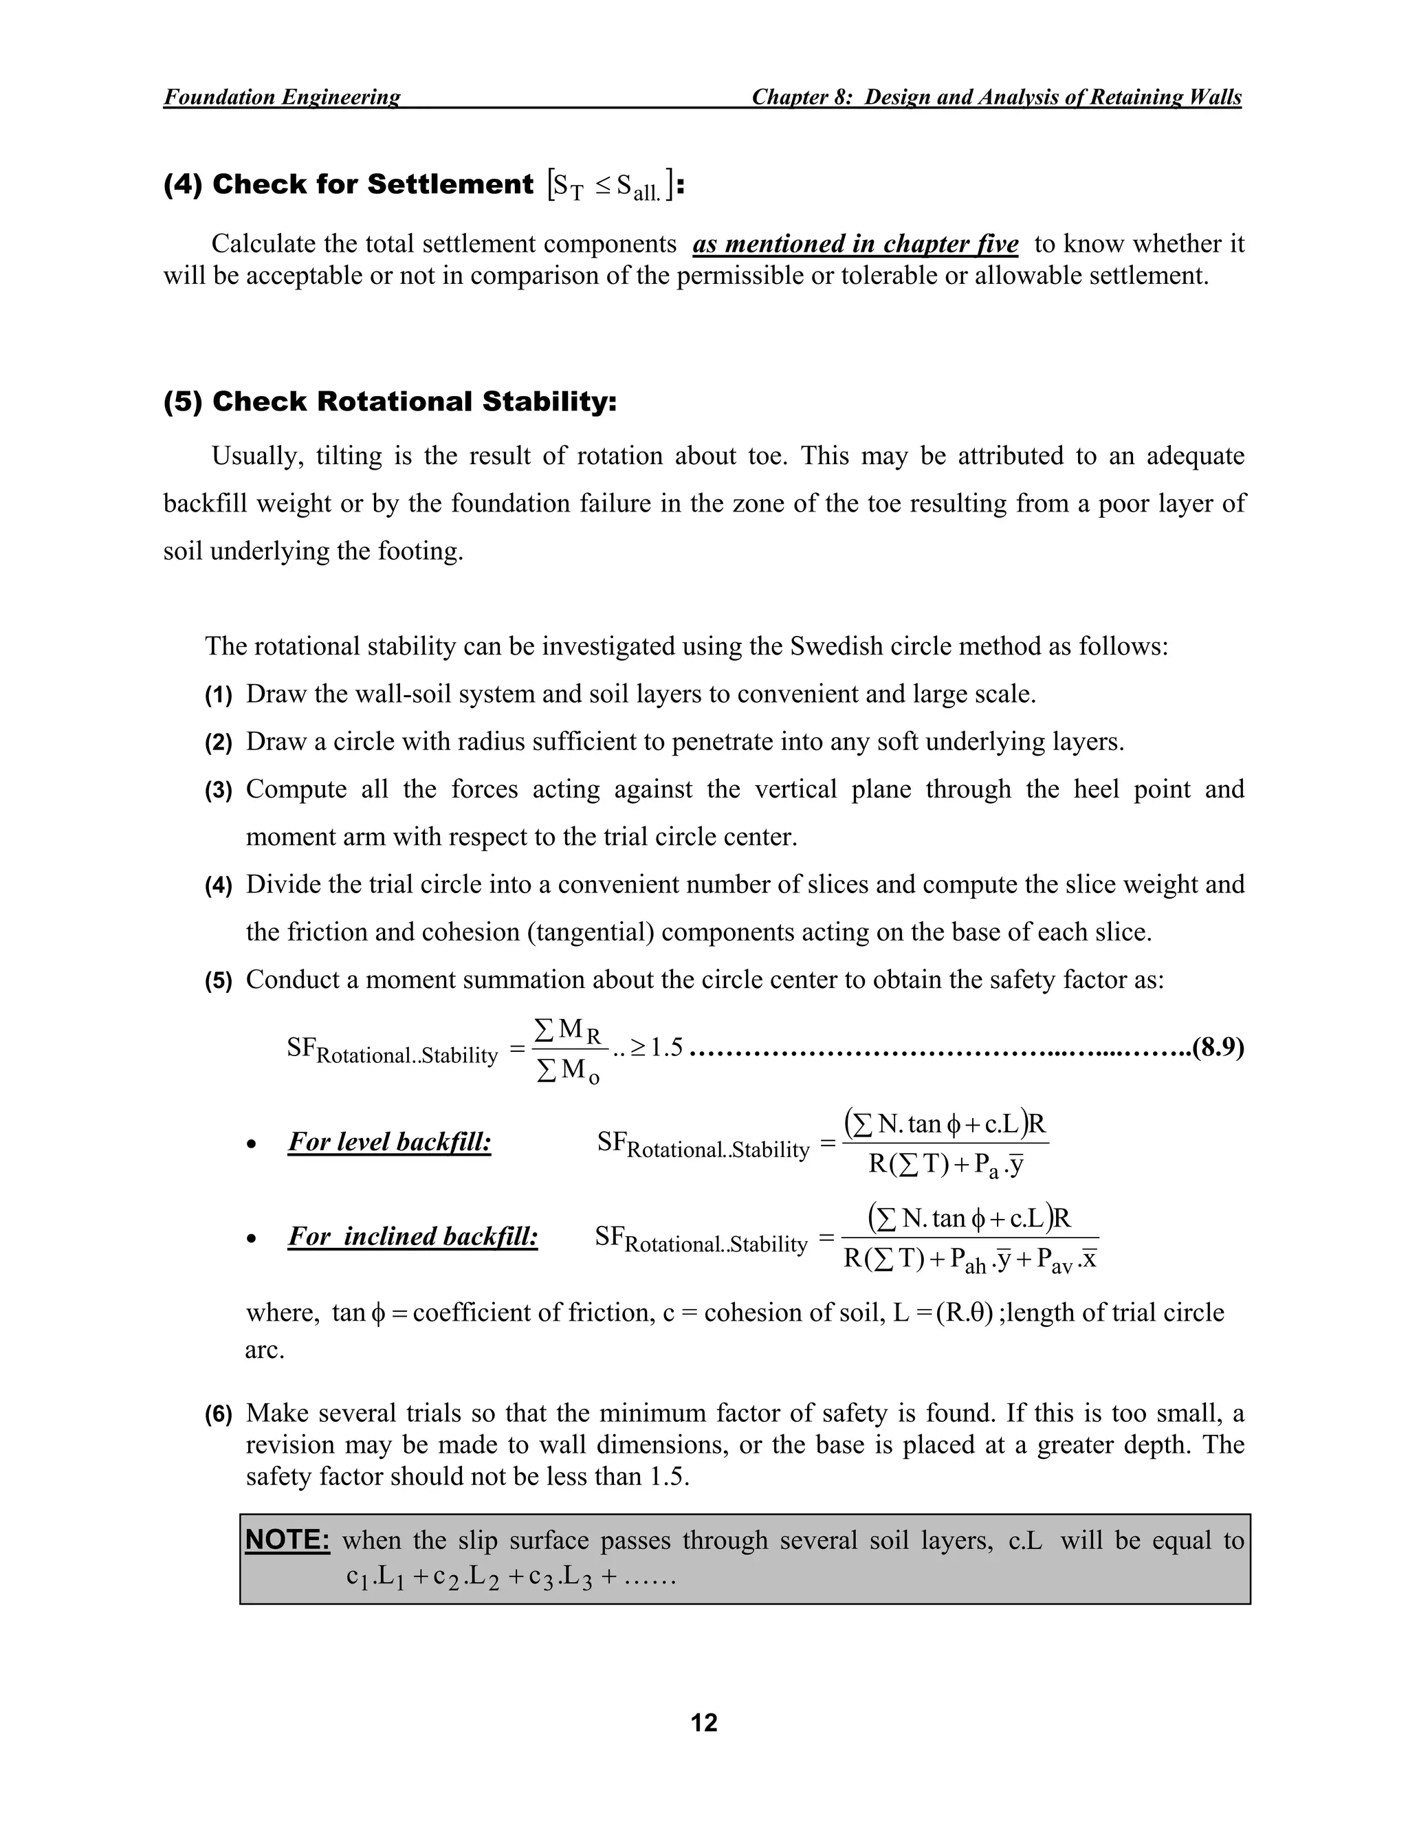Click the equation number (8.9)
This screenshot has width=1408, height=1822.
1217,1047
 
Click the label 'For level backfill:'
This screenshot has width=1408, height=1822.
390,1141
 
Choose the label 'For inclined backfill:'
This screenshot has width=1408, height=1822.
413,1236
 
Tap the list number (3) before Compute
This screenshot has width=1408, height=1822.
219,791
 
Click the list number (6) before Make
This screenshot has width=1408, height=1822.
219,1414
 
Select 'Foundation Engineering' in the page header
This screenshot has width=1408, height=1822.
281,97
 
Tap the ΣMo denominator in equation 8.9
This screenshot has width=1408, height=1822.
567,1071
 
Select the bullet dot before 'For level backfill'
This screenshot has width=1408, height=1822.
251,1145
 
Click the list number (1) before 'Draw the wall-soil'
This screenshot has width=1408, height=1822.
219,696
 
